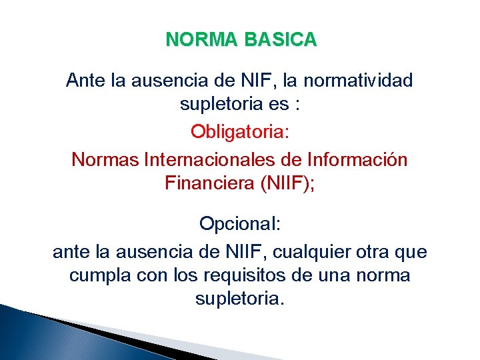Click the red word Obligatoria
[240, 131]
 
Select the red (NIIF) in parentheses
[285, 183]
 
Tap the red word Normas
[103, 160]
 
